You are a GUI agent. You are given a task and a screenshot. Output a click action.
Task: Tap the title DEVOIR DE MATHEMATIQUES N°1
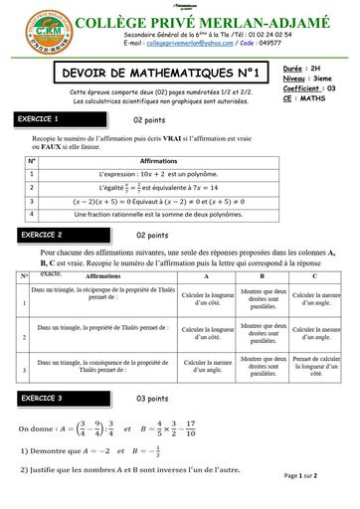[156, 73]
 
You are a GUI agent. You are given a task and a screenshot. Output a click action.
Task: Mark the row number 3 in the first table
[32, 200]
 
